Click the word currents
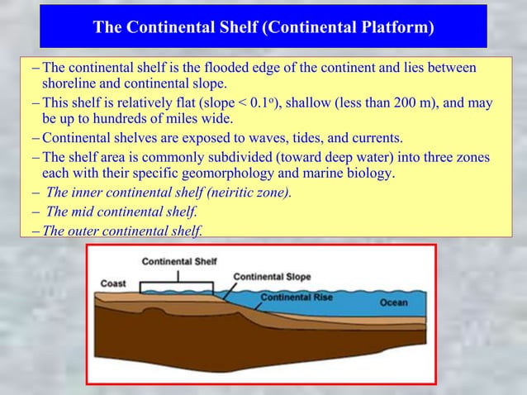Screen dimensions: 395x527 tap(375, 136)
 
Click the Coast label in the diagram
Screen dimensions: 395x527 tap(114, 283)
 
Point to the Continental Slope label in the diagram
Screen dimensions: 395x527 tap(273, 276)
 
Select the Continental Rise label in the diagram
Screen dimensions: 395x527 tap(297, 297)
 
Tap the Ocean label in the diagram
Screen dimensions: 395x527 tap(393, 302)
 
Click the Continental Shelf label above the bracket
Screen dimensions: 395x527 tap(179, 261)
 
